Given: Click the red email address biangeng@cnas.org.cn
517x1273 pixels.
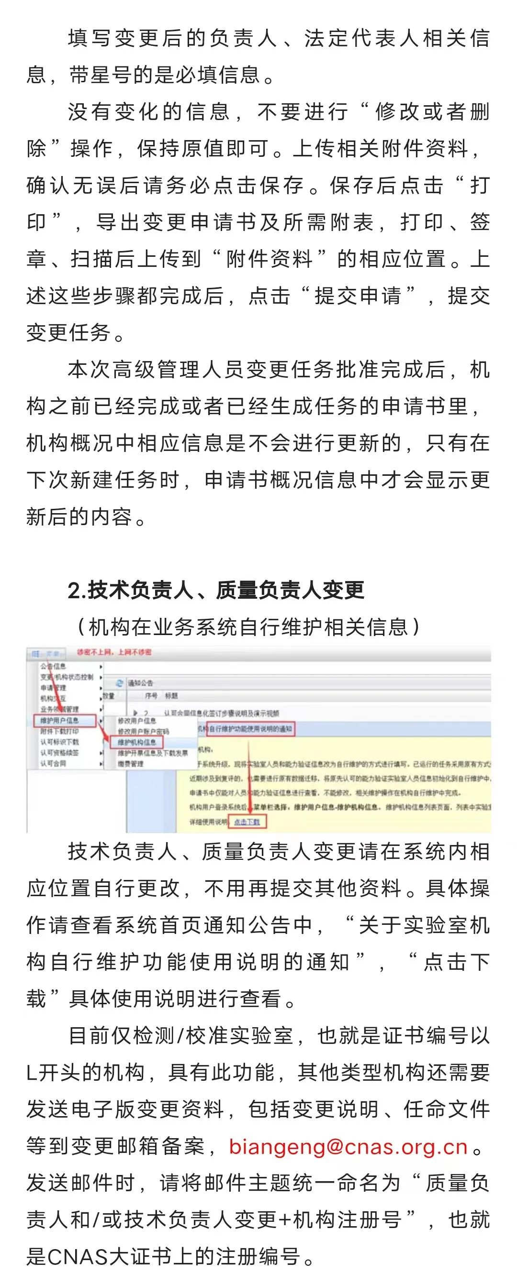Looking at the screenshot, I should click(x=348, y=1147).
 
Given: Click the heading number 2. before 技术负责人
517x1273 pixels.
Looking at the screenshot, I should click(x=77, y=590).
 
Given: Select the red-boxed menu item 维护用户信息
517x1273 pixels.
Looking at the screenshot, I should click(x=60, y=721).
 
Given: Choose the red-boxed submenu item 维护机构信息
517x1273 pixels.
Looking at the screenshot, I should click(x=137, y=742).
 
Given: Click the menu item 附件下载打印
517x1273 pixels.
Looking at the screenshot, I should click(x=59, y=731).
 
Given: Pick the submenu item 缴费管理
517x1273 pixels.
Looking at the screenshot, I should click(x=131, y=764).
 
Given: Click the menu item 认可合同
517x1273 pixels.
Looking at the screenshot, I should click(x=53, y=764).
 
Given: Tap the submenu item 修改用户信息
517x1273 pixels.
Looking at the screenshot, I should click(x=136, y=721).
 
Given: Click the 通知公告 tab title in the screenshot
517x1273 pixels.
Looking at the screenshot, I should click(x=141, y=683).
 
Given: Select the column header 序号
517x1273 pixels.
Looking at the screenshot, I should click(x=151, y=696).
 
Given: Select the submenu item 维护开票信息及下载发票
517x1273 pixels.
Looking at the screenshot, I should click(x=153, y=753).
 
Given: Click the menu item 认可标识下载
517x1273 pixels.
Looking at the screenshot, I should click(x=59, y=742).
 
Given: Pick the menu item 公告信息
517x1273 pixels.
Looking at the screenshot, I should click(x=54, y=666).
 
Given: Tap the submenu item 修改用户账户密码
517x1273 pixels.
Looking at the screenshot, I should click(x=144, y=731).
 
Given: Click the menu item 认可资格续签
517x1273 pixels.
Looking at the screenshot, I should click(x=59, y=753).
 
